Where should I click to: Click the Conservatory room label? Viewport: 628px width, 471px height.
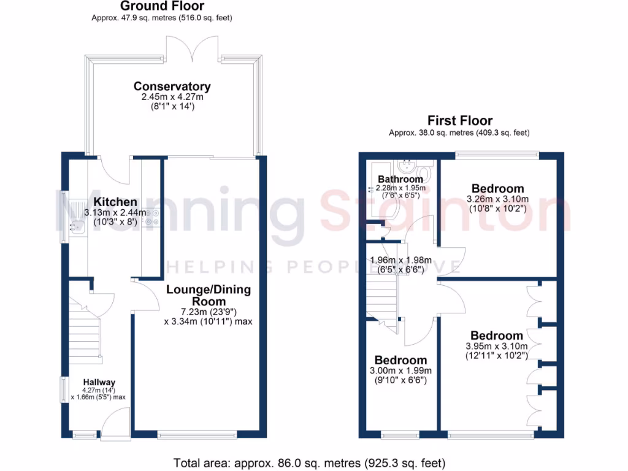(172, 86)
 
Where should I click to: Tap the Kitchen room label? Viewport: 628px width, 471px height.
(115, 202)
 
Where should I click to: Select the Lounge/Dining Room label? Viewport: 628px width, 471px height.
(209, 296)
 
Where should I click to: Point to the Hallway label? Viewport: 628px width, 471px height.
(99, 382)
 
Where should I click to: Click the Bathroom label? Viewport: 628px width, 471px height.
(400, 179)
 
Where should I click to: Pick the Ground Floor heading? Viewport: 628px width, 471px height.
(162, 6)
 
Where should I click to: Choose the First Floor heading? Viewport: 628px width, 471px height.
(459, 120)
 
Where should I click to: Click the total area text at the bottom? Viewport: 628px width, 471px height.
(310, 462)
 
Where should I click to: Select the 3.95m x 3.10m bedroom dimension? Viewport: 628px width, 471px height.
(497, 346)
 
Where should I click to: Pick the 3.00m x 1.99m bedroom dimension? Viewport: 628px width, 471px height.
(400, 370)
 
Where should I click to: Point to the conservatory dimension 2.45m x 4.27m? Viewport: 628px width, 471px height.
(172, 97)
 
